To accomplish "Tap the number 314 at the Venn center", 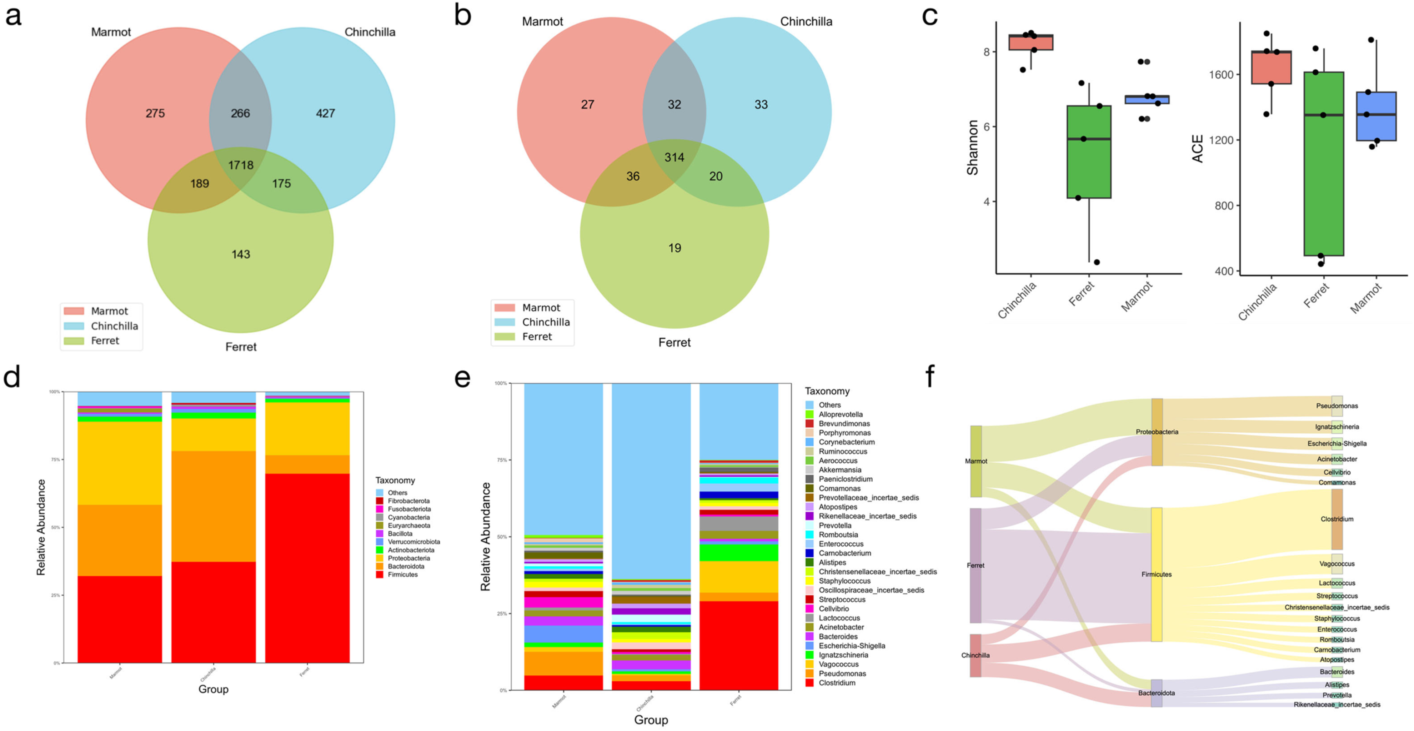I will (x=674, y=157).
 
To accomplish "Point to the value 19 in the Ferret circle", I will (x=674, y=248).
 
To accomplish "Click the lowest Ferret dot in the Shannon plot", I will (x=1097, y=262).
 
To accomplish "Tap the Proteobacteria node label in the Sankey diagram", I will (x=1157, y=432).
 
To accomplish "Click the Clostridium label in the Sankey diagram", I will (x=1337, y=519).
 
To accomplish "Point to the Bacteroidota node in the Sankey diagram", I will (x=1157, y=693).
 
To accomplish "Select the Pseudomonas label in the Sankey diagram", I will (x=1337, y=406).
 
